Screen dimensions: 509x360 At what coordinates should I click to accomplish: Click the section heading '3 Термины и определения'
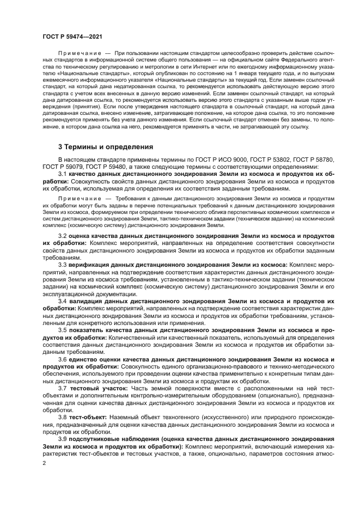coord(105,146)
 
